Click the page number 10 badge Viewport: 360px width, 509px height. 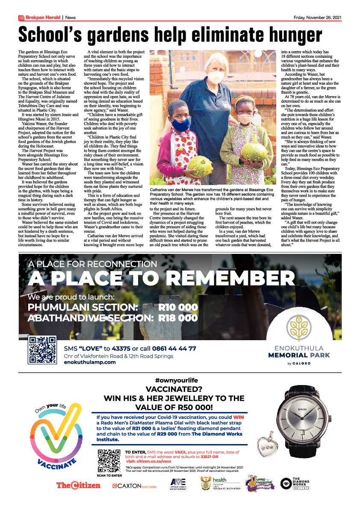click(21, 18)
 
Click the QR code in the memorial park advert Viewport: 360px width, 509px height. click(42, 350)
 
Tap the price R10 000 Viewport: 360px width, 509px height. click(178, 308)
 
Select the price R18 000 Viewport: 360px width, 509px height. click(178, 318)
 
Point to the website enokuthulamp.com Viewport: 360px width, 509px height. click(89, 362)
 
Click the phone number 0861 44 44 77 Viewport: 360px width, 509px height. click(175, 348)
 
